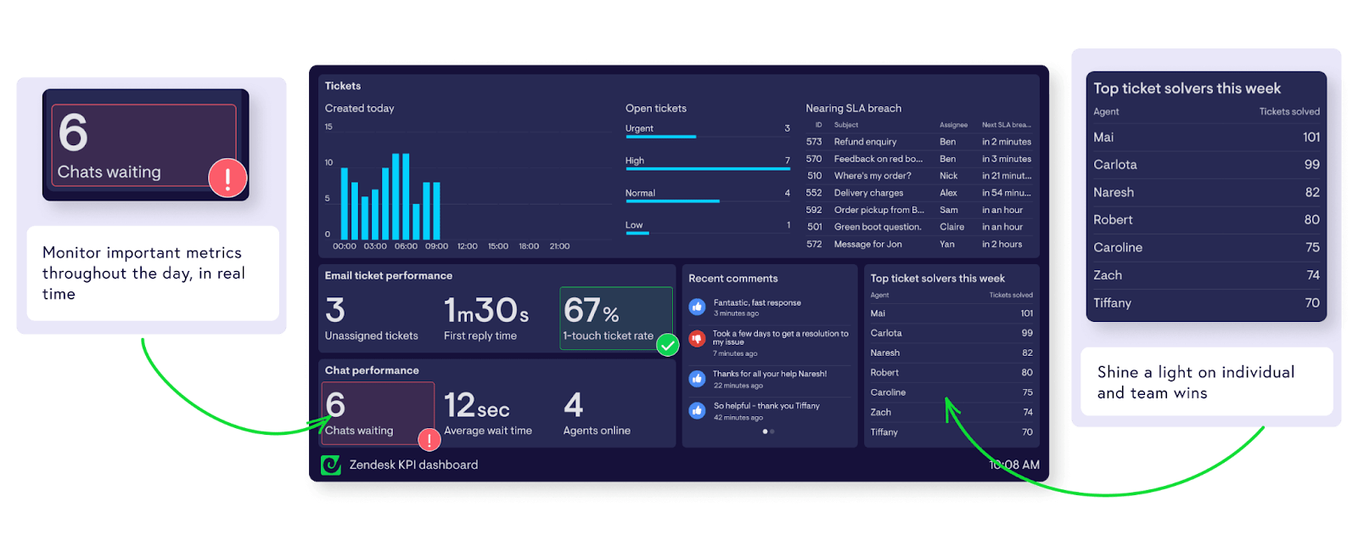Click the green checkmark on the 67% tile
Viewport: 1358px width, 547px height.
point(668,345)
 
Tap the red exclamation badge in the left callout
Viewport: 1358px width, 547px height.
point(227,178)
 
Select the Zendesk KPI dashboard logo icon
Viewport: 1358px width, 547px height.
point(331,465)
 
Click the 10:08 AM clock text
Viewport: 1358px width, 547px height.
point(1014,465)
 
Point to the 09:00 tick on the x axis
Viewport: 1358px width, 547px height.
point(436,246)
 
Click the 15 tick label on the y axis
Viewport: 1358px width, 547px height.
point(328,127)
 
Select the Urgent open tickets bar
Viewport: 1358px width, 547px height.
point(660,136)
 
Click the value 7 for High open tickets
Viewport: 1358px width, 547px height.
point(787,161)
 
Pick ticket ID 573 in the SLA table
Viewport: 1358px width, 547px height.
point(814,142)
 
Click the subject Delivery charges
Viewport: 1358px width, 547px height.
point(868,193)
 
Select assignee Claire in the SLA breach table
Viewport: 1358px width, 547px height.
point(951,227)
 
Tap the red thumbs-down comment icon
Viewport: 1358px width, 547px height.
point(697,339)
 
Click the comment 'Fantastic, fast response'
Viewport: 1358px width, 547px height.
point(757,302)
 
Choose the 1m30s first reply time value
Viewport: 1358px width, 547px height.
point(486,311)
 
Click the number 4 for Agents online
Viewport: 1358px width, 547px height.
point(574,405)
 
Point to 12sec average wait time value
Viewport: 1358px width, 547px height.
point(476,406)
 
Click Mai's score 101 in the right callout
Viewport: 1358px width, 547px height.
point(1310,137)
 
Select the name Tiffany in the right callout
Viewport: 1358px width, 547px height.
point(1112,302)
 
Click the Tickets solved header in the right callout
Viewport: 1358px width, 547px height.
point(1288,111)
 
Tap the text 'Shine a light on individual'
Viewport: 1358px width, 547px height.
point(1195,372)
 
